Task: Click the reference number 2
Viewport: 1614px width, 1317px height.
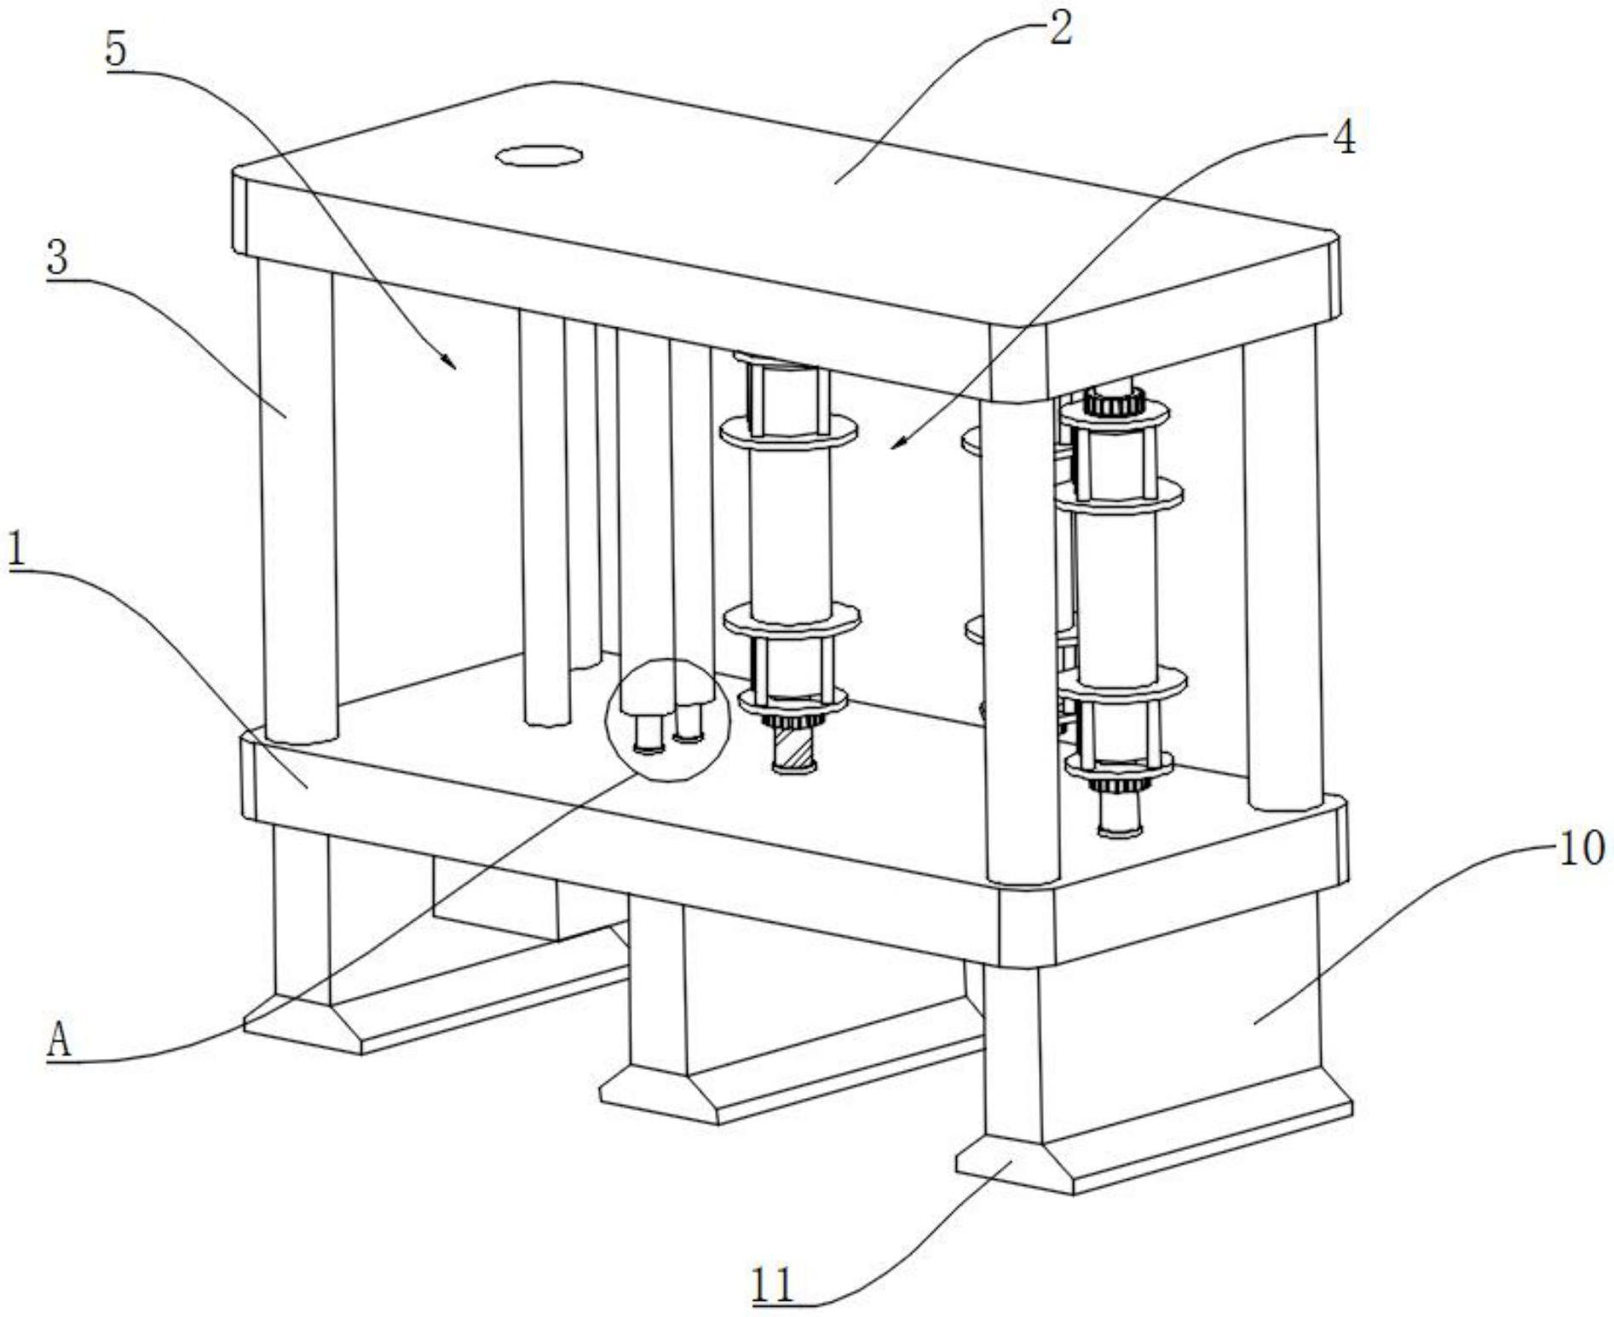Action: (1060, 29)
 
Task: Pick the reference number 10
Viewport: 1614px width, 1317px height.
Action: (1582, 848)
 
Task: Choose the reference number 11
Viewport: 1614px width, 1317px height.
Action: (773, 1285)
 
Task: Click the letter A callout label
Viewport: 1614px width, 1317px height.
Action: (58, 1042)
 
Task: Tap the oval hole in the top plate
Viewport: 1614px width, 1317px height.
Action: (540, 156)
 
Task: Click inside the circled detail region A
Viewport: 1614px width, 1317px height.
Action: (667, 720)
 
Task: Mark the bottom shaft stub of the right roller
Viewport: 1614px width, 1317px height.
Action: (1120, 815)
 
